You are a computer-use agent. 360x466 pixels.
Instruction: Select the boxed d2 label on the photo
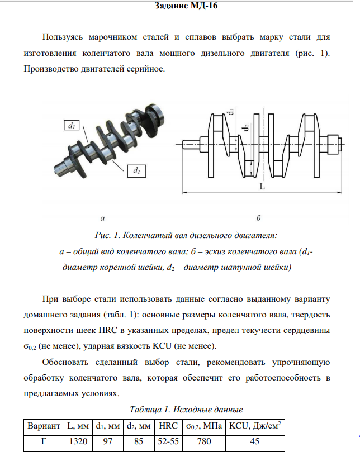click(x=136, y=171)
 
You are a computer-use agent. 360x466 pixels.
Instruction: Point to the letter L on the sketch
click(x=260, y=187)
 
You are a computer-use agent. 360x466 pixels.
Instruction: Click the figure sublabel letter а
click(x=102, y=217)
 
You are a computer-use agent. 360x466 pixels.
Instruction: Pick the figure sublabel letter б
click(x=259, y=217)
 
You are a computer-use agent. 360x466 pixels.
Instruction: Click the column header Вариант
click(x=44, y=426)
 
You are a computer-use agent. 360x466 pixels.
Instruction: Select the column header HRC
click(x=168, y=426)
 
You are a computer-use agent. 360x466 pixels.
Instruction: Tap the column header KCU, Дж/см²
click(x=254, y=426)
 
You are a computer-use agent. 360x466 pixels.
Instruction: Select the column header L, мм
click(x=77, y=426)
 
